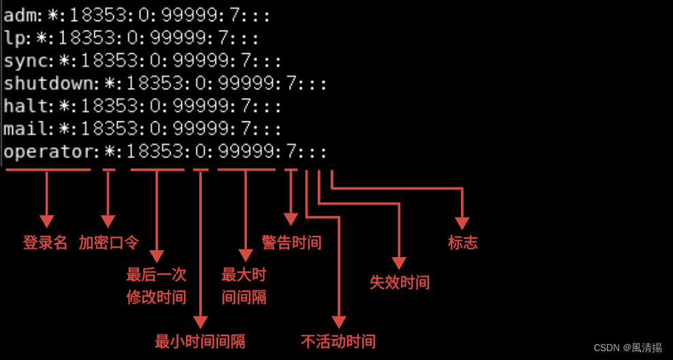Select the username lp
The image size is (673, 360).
pyautogui.click(x=14, y=37)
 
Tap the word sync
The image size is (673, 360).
pyautogui.click(x=28, y=61)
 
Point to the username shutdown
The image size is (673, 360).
pyautogui.click(x=51, y=84)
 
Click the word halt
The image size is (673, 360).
pyautogui.click(x=28, y=106)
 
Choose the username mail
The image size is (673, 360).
pyautogui.click(x=28, y=129)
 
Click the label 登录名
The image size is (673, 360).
pyautogui.click(x=46, y=243)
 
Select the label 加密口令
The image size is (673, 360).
pyautogui.click(x=108, y=243)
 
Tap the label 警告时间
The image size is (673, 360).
pyautogui.click(x=291, y=242)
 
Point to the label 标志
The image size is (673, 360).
pyautogui.click(x=463, y=243)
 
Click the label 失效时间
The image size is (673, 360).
pyautogui.click(x=400, y=282)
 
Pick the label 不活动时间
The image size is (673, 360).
pyautogui.click(x=338, y=341)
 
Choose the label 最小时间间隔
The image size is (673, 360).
pyautogui.click(x=200, y=341)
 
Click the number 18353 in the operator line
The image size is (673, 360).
pyautogui.click(x=155, y=152)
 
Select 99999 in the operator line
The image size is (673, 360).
pyautogui.click(x=246, y=152)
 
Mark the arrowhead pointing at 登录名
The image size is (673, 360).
pyautogui.click(x=46, y=221)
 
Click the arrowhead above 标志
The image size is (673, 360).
pyautogui.click(x=462, y=223)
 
